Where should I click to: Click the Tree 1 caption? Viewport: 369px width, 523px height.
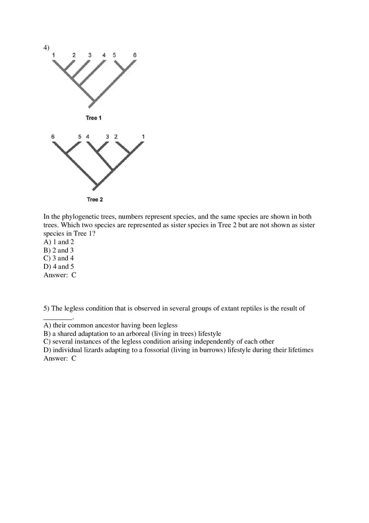pyautogui.click(x=94, y=118)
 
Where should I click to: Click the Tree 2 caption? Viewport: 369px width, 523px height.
pyautogui.click(x=95, y=199)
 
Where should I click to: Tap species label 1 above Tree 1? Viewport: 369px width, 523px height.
pyautogui.click(x=53, y=55)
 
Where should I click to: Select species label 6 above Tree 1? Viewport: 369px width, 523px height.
pyautogui.click(x=135, y=55)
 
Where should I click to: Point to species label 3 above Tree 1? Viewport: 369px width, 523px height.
pyautogui.click(x=90, y=55)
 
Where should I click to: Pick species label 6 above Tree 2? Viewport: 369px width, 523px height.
pyautogui.click(x=53, y=137)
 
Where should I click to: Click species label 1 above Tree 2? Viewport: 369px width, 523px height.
pyautogui.click(x=143, y=137)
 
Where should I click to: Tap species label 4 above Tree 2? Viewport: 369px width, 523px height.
pyautogui.click(x=88, y=137)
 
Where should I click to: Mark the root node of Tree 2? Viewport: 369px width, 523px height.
pyautogui.click(x=96, y=187)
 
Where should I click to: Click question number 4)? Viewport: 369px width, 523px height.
pyautogui.click(x=46, y=47)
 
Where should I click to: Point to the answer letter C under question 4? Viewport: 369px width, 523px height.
pyautogui.click(x=74, y=275)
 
